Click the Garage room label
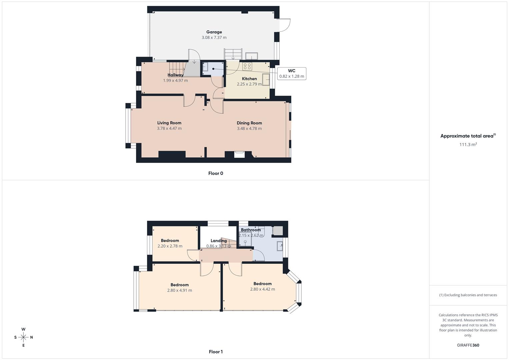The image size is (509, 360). (x=214, y=32)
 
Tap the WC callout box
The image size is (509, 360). (x=291, y=73)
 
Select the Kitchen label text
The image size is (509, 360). (x=249, y=79)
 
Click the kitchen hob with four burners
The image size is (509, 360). (x=247, y=66)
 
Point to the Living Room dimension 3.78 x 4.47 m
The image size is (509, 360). (x=169, y=128)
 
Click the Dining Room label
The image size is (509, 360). (x=249, y=123)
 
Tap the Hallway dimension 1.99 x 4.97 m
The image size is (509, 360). (x=175, y=80)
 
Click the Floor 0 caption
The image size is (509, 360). (x=216, y=173)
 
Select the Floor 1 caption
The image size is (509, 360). (x=216, y=352)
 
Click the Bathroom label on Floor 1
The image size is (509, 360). (x=251, y=230)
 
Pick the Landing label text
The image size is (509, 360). (x=219, y=241)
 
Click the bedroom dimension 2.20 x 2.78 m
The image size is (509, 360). (x=170, y=246)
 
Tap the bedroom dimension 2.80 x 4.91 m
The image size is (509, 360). (x=180, y=290)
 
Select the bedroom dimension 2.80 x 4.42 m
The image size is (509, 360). (x=263, y=289)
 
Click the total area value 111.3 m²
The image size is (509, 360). (x=468, y=144)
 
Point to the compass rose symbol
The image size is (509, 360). (x=23, y=337)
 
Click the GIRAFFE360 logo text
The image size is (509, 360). (x=468, y=345)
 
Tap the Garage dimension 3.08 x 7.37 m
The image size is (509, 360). (x=214, y=38)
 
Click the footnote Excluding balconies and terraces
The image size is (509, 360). (x=468, y=295)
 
